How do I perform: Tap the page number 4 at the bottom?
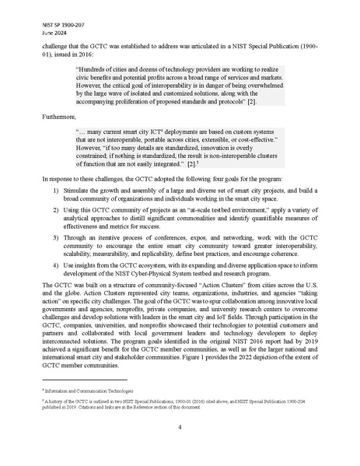click(180, 426)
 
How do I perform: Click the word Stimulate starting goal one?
click(81, 188)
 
